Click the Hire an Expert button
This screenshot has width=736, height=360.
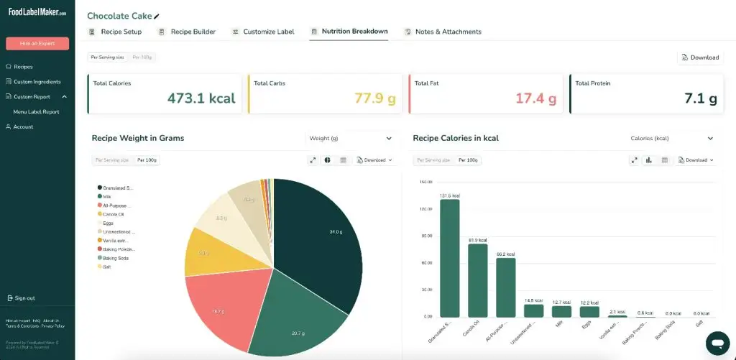coord(37,43)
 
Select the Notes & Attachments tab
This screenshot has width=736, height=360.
coord(443,32)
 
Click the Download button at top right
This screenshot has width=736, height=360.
coord(700,57)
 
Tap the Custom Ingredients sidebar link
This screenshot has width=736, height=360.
coord(37,82)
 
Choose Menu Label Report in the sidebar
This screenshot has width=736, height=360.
coord(36,112)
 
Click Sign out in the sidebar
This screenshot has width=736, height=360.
coord(24,298)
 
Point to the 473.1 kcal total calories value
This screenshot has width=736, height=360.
coord(201,98)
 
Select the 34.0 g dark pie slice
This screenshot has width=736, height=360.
coord(323,237)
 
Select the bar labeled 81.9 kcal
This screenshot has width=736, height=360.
coord(478,280)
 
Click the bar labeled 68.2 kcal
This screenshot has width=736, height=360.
coord(506,287)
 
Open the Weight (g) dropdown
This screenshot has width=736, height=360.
coord(350,139)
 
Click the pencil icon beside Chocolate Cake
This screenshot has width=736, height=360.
coord(157,16)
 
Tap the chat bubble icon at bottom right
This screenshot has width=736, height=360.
coord(717,342)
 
